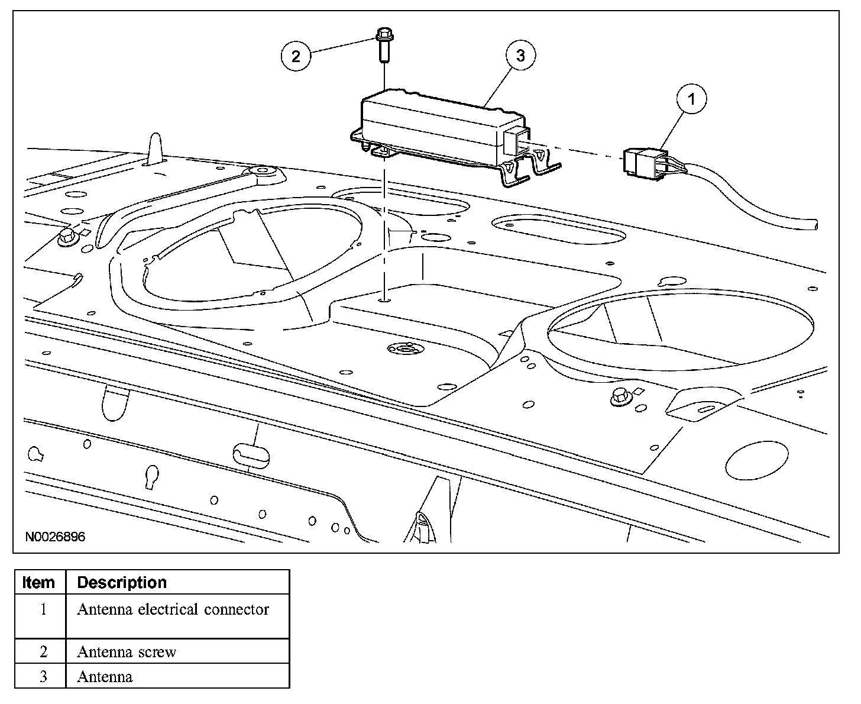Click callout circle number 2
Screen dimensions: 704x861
[x=296, y=56]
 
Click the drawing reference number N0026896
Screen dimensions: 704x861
[x=55, y=537]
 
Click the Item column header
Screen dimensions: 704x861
[x=39, y=583]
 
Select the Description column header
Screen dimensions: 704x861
[x=122, y=583]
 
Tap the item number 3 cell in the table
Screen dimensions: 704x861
[x=42, y=676]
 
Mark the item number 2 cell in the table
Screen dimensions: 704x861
[x=42, y=652]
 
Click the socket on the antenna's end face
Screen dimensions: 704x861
[x=512, y=141]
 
